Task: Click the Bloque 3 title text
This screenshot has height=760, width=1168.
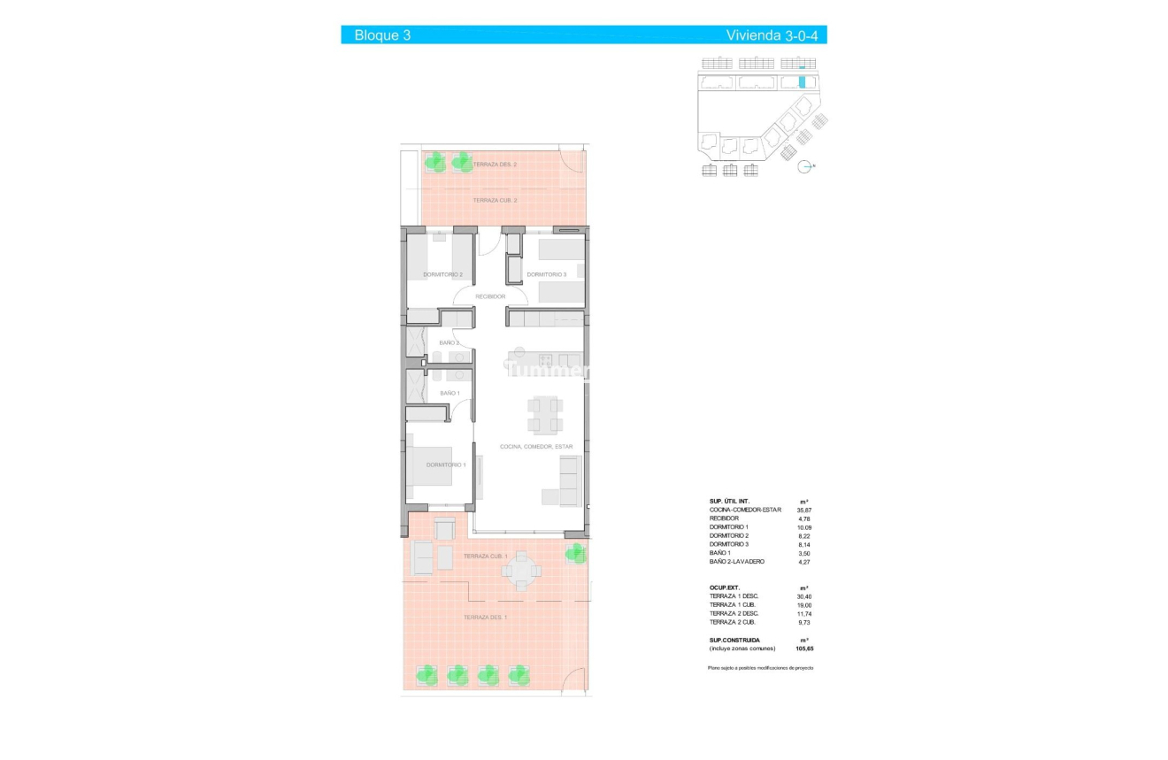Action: click(382, 35)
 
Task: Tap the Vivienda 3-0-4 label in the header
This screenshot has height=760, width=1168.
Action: click(772, 35)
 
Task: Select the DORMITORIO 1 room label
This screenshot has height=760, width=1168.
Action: click(445, 464)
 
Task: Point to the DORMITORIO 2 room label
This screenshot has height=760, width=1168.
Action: click(442, 274)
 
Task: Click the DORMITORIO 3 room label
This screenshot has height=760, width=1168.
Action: click(546, 274)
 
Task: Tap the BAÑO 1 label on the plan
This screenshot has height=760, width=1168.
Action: click(450, 393)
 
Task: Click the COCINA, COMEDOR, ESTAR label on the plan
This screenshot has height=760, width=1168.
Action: click(536, 447)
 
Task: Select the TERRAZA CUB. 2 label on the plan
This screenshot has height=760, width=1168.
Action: click(495, 201)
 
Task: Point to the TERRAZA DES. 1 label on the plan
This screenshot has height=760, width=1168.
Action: click(485, 617)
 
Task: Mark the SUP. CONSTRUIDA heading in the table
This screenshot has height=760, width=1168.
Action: click(734, 640)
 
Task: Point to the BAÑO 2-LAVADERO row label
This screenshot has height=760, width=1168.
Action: click(738, 562)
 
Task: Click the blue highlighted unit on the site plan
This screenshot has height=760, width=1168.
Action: click(803, 82)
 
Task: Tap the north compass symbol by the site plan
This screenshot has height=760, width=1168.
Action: click(805, 166)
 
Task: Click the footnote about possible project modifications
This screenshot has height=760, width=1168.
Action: click(760, 667)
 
